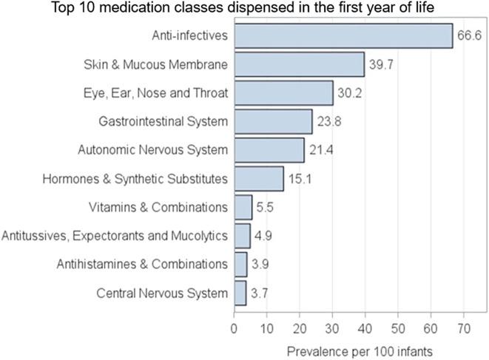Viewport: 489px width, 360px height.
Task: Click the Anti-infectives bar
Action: coord(343,35)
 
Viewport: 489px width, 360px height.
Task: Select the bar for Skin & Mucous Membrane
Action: coord(299,64)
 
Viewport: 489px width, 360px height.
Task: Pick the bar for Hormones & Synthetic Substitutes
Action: coord(259,178)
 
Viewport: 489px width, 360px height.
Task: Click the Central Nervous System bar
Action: coord(240,293)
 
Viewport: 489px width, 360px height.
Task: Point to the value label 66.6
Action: coord(469,35)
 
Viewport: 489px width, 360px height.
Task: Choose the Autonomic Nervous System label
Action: coord(152,150)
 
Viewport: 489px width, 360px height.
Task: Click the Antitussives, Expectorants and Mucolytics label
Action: coord(115,236)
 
